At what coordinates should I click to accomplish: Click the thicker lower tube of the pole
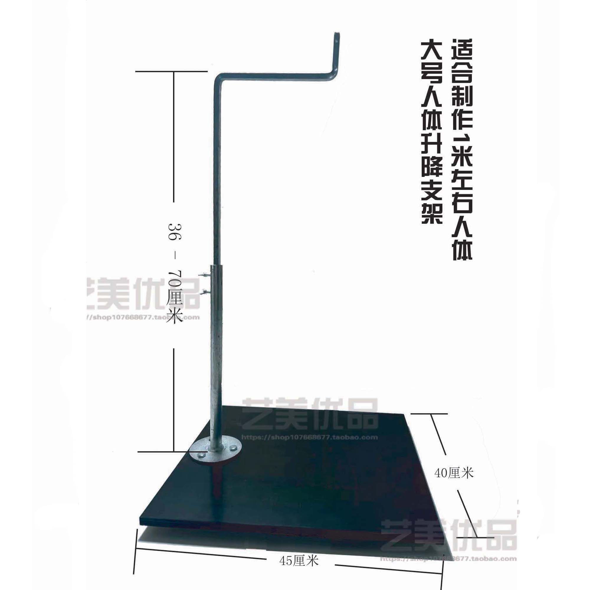click(217, 351)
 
